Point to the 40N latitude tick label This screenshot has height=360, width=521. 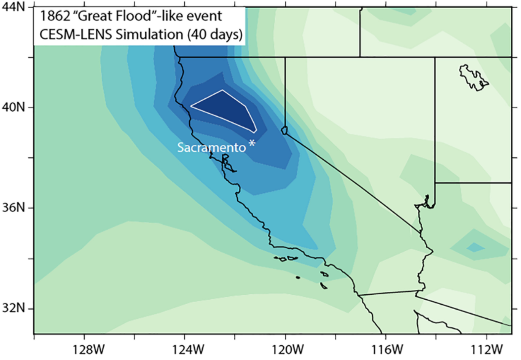point(14,107)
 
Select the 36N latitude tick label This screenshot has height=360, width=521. point(14,208)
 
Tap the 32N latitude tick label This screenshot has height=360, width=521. point(14,308)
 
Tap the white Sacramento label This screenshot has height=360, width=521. point(211,147)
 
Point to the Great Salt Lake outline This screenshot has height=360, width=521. point(474,76)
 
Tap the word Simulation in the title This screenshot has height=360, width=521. point(148,34)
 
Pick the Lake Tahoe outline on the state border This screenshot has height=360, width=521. point(284,130)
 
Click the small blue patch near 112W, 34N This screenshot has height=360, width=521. point(474,247)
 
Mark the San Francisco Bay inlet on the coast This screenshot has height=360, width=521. point(226,162)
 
